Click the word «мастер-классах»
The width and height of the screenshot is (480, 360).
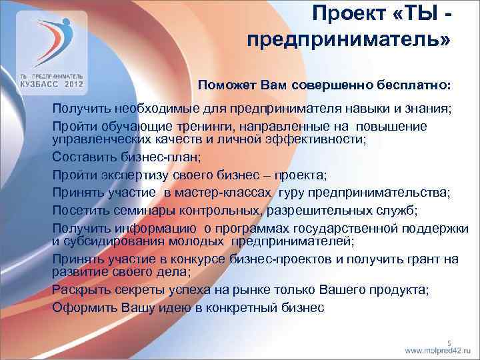(x=227, y=193)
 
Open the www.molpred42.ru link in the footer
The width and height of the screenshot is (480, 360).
(x=437, y=351)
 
